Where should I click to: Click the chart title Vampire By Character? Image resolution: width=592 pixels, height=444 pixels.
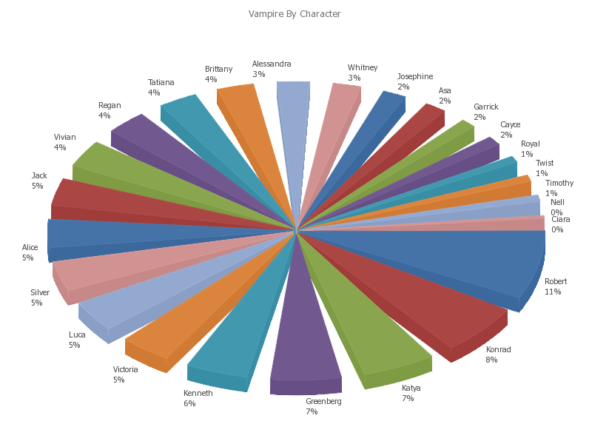[295, 14]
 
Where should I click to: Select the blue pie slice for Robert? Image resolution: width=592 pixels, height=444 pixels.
[474, 259]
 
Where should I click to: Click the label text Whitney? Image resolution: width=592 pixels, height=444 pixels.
[363, 68]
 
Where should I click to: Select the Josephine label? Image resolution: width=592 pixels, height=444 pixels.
[414, 77]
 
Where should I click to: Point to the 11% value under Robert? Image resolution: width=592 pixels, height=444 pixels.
[553, 292]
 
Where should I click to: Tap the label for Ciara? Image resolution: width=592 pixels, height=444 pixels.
[561, 220]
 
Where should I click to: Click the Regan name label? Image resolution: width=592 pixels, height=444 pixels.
[110, 106]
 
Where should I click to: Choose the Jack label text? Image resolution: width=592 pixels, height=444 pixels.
[39, 176]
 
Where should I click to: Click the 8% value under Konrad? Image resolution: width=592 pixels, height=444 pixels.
[491, 360]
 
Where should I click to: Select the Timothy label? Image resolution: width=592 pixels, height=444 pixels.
[559, 184]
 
